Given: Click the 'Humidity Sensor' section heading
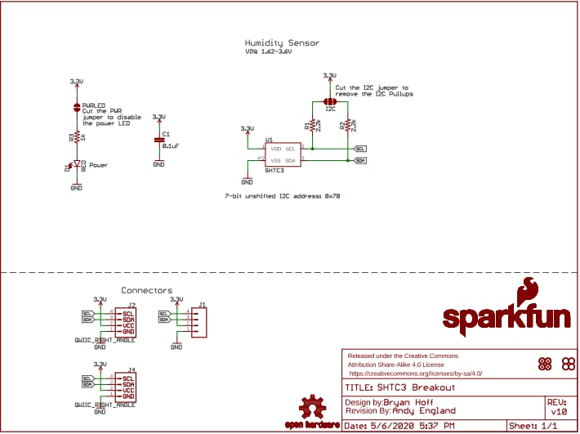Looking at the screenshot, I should [282, 43].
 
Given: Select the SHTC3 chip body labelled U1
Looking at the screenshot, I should [283, 154].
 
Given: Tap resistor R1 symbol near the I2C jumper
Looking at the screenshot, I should [312, 126].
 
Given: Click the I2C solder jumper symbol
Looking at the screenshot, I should [330, 101].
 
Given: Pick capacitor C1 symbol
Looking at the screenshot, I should [158, 141].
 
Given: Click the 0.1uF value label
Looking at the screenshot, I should [171, 145].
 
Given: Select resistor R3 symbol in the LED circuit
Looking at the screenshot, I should [76, 137].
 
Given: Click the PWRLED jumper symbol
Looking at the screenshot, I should [76, 107].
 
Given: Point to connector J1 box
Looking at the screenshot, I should [199, 321].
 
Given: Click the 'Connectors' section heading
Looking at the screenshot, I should [146, 290].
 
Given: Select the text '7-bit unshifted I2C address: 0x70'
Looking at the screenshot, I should [282, 197].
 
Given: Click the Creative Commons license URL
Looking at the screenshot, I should [416, 373].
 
